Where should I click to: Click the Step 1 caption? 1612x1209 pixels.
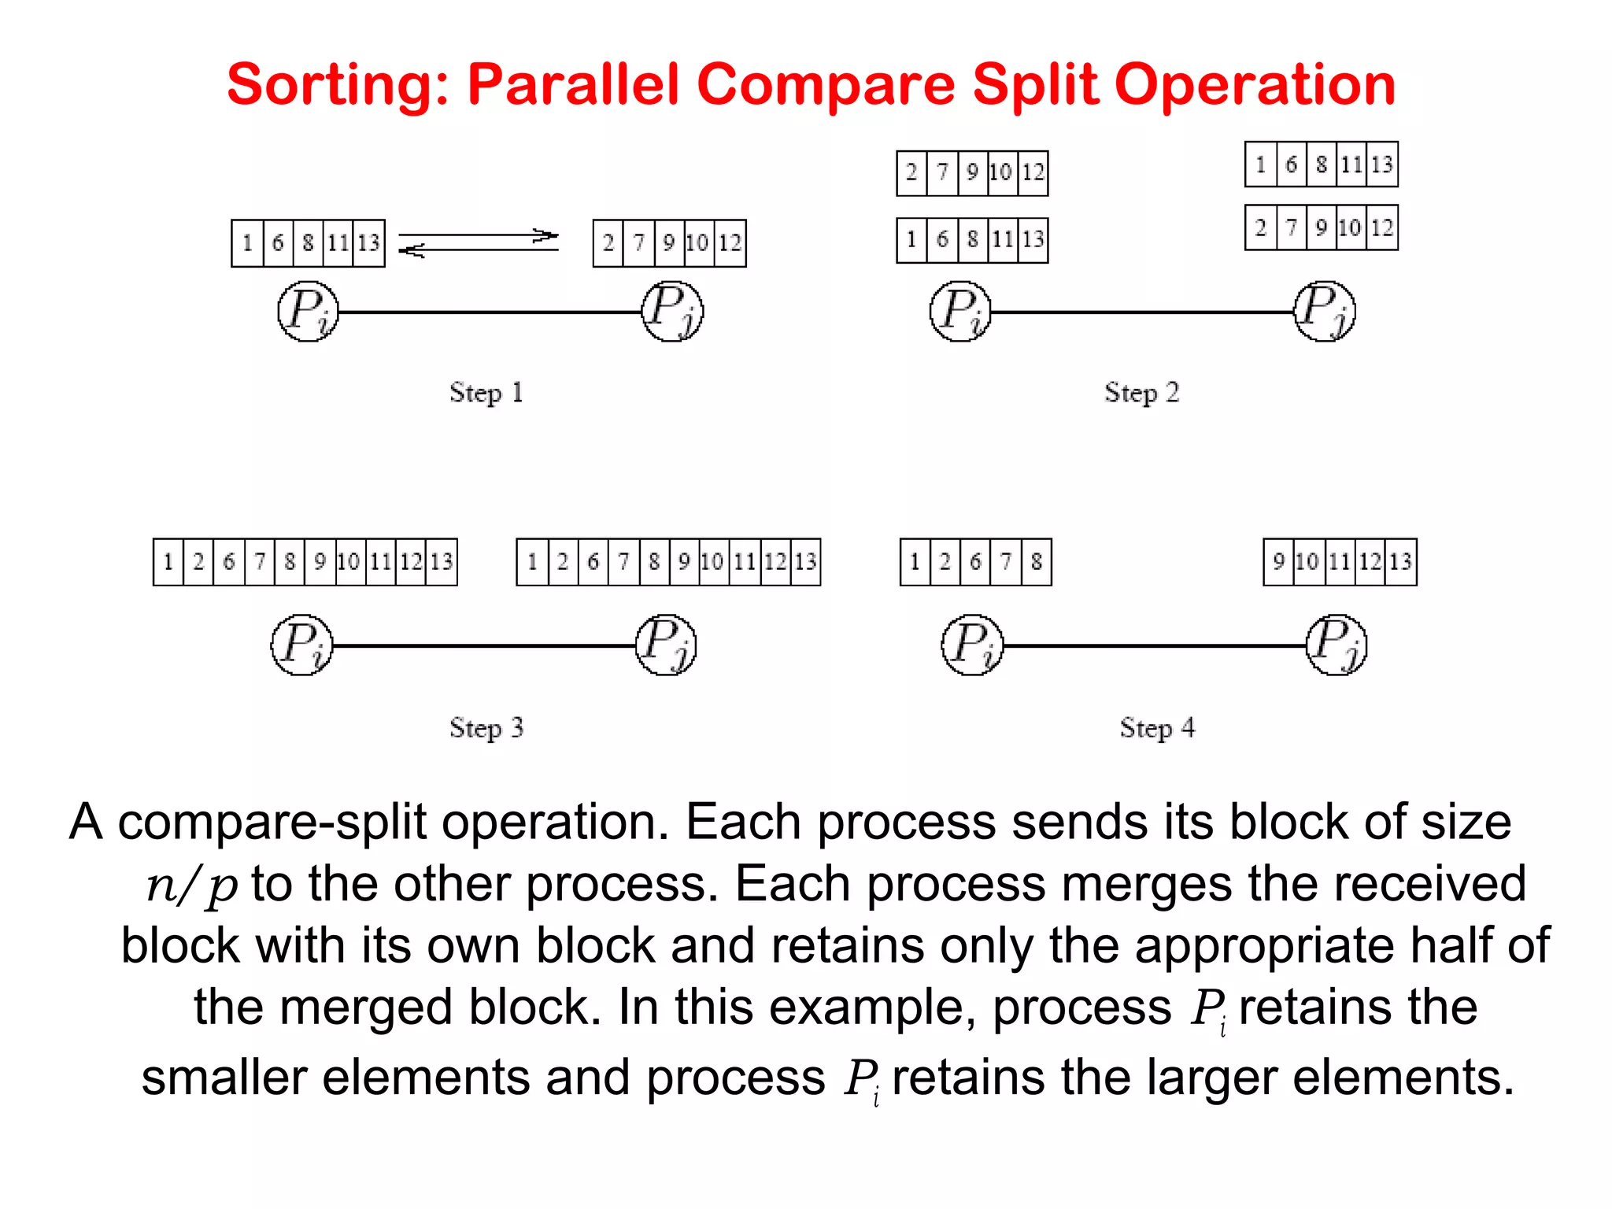(x=486, y=392)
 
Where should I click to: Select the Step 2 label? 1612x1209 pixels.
(x=1141, y=392)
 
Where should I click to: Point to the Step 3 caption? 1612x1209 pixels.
(x=486, y=727)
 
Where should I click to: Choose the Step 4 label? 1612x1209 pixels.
(x=1157, y=727)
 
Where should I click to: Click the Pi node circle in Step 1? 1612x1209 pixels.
(x=308, y=312)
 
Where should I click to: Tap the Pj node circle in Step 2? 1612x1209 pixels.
(x=1325, y=312)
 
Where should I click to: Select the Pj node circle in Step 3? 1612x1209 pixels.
(x=666, y=645)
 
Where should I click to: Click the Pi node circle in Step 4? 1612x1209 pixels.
(x=972, y=645)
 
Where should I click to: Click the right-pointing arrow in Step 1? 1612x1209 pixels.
(x=479, y=235)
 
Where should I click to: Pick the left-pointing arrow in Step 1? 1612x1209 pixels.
(x=479, y=250)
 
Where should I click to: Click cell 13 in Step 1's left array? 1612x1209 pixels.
(x=368, y=243)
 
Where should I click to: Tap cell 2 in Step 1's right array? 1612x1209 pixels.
(x=608, y=243)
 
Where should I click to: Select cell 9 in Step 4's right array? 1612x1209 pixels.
(x=1278, y=562)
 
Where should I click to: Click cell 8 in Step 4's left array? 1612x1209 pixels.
(x=1036, y=562)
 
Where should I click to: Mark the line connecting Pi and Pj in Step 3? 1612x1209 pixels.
(x=484, y=645)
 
